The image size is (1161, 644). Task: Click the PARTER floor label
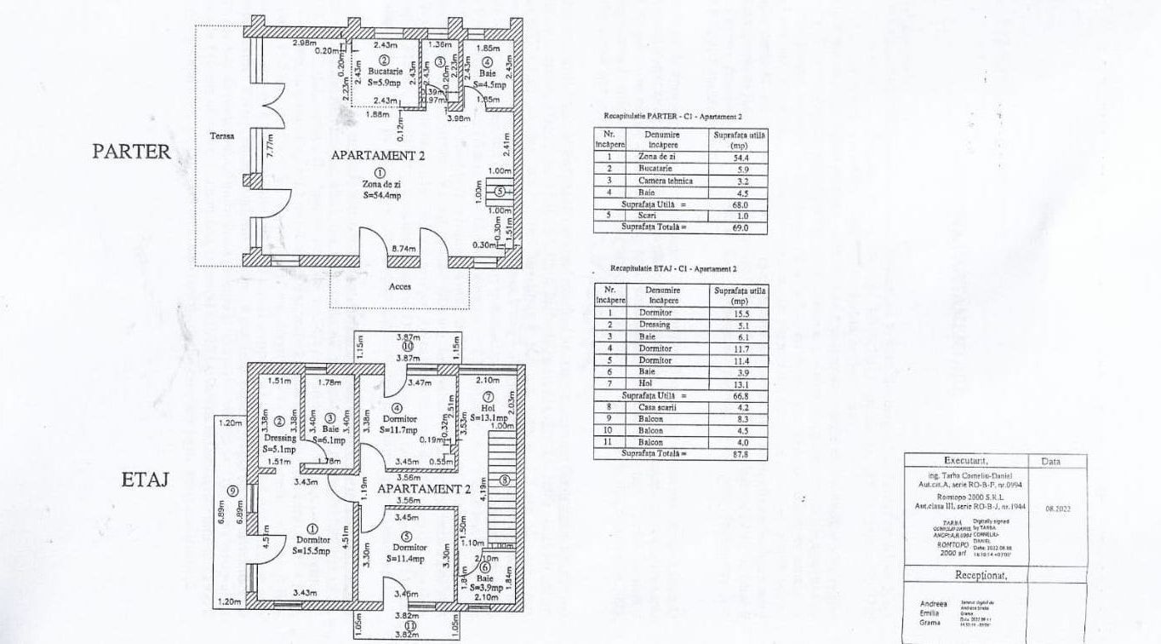click(132, 152)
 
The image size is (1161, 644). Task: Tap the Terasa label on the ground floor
click(223, 136)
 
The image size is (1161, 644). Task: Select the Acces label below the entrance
click(400, 286)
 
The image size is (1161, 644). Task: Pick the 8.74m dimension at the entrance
click(403, 249)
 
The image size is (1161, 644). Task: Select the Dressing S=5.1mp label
click(278, 443)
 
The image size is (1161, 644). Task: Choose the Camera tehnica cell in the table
click(665, 181)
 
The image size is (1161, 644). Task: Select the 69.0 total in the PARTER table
click(740, 227)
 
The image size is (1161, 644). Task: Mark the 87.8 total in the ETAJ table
click(739, 454)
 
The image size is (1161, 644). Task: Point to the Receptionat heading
click(981, 575)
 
